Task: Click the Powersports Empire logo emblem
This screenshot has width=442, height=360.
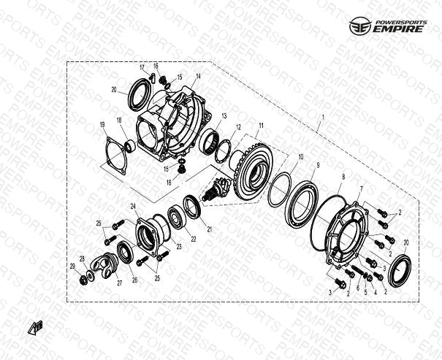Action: (x=360, y=26)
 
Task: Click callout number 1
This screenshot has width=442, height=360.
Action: (x=323, y=117)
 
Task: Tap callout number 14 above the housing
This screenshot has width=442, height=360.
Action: (x=198, y=77)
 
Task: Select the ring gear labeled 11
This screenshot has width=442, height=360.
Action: (x=253, y=172)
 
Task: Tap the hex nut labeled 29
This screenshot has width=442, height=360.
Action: (x=83, y=280)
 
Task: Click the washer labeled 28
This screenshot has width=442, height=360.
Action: (x=91, y=275)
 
